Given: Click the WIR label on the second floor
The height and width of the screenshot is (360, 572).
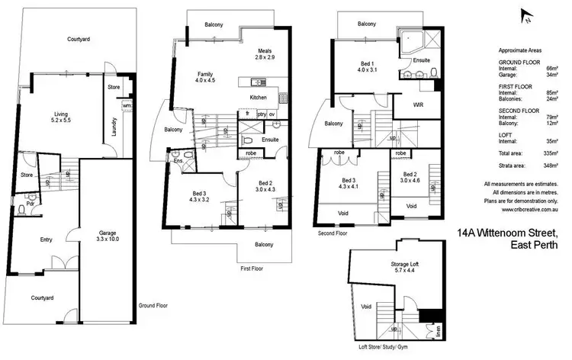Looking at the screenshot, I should point(418,104).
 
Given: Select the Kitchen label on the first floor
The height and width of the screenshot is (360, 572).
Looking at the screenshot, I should point(259,98).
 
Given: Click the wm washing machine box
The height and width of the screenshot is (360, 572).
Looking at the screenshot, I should point(126,104).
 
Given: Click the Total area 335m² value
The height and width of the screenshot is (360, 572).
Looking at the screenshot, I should point(550,154).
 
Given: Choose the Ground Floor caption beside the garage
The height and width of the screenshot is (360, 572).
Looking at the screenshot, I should point(153,305).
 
